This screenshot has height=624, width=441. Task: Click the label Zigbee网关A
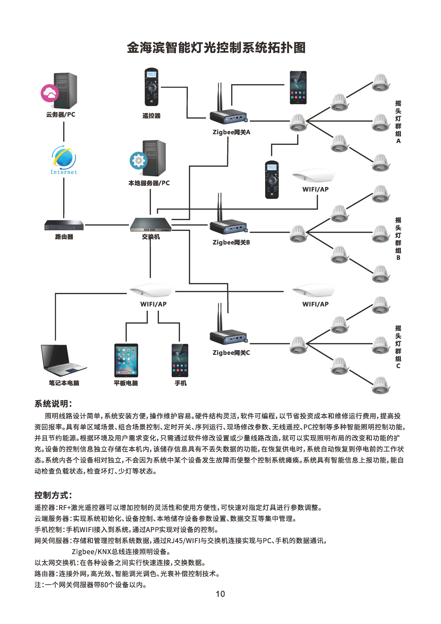[231, 132]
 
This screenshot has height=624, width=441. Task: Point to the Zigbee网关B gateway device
[228, 226]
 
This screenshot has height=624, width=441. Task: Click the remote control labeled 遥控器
[151, 87]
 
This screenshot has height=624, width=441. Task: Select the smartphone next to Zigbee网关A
[298, 88]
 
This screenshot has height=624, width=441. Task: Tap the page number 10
[220, 594]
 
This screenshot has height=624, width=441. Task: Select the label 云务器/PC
[61, 115]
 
